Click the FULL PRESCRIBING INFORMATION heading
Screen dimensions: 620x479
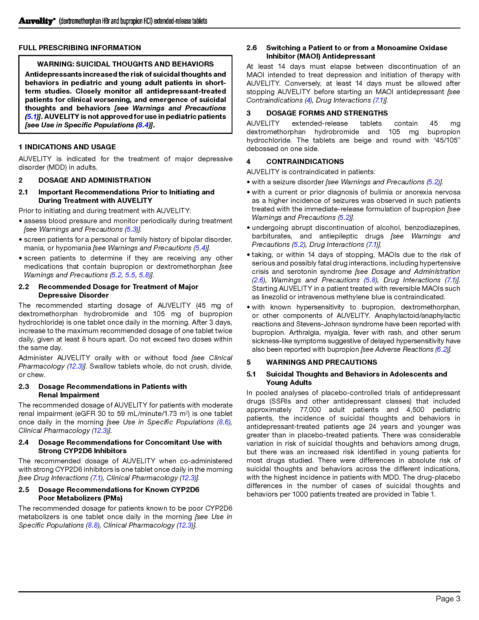click(80, 48)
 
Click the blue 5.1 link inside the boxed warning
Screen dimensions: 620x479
click(32, 117)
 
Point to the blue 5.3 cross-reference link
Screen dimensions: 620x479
click(132, 229)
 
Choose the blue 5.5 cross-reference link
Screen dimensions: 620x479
click(130, 275)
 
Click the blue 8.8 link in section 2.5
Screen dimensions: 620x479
click(93, 525)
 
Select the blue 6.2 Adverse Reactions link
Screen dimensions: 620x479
click(442, 349)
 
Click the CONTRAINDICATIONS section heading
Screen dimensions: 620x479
click(305, 161)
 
